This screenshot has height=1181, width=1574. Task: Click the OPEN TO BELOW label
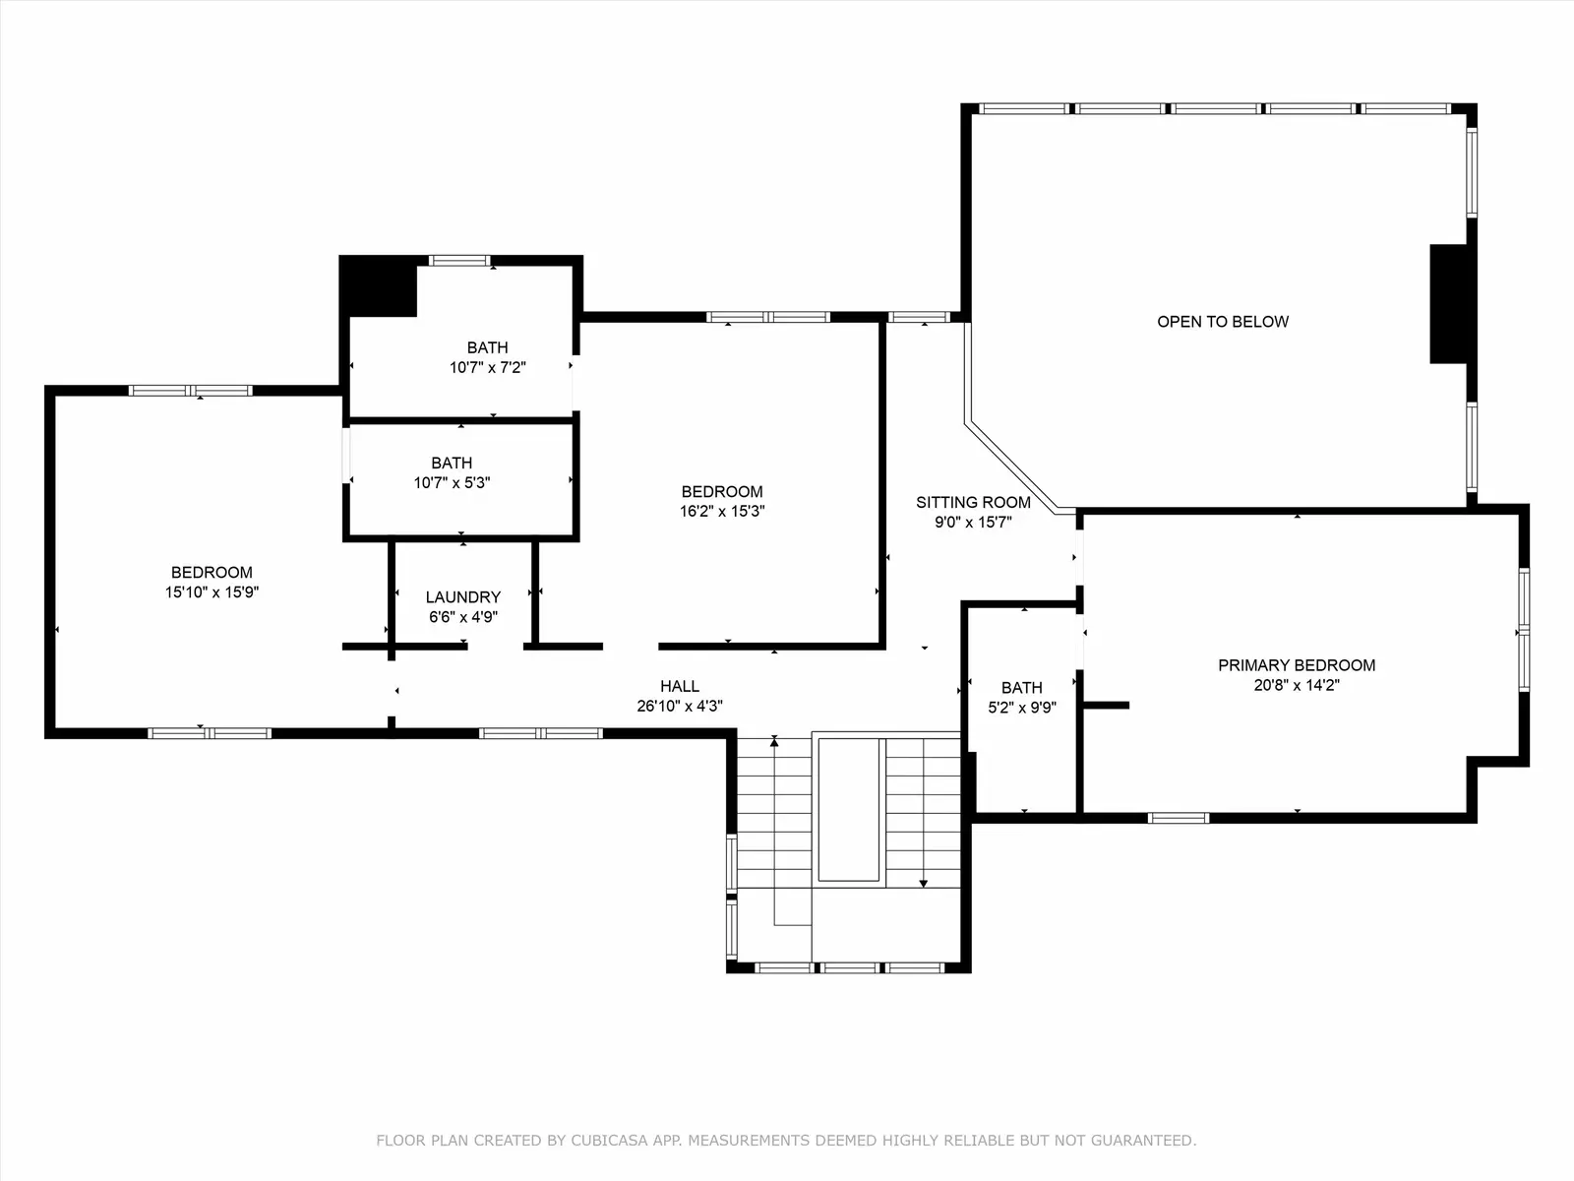click(x=1223, y=322)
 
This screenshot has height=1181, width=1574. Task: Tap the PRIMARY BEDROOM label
click(x=1297, y=665)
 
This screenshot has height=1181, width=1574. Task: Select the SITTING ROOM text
click(x=973, y=503)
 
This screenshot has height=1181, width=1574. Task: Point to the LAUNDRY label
click(x=463, y=597)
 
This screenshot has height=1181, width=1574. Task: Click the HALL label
click(x=680, y=686)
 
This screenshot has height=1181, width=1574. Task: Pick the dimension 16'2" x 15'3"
click(x=722, y=511)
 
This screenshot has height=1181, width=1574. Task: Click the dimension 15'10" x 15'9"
click(x=212, y=592)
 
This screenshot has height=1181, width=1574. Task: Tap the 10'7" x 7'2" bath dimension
click(x=488, y=368)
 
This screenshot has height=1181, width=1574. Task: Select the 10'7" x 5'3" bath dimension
click(x=452, y=483)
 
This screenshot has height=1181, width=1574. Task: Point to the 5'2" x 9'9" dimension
click(x=1022, y=708)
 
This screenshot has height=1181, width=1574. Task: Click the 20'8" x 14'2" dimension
click(x=1297, y=685)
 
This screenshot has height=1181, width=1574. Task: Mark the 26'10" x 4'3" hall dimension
click(x=680, y=707)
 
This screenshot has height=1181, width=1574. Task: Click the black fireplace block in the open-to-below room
click(x=1448, y=304)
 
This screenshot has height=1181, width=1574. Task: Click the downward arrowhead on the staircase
click(x=924, y=884)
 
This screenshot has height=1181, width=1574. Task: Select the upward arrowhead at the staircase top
click(x=774, y=741)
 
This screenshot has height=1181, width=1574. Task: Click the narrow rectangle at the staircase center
click(x=849, y=810)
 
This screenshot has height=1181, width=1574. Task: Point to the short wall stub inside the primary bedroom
click(x=1106, y=706)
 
